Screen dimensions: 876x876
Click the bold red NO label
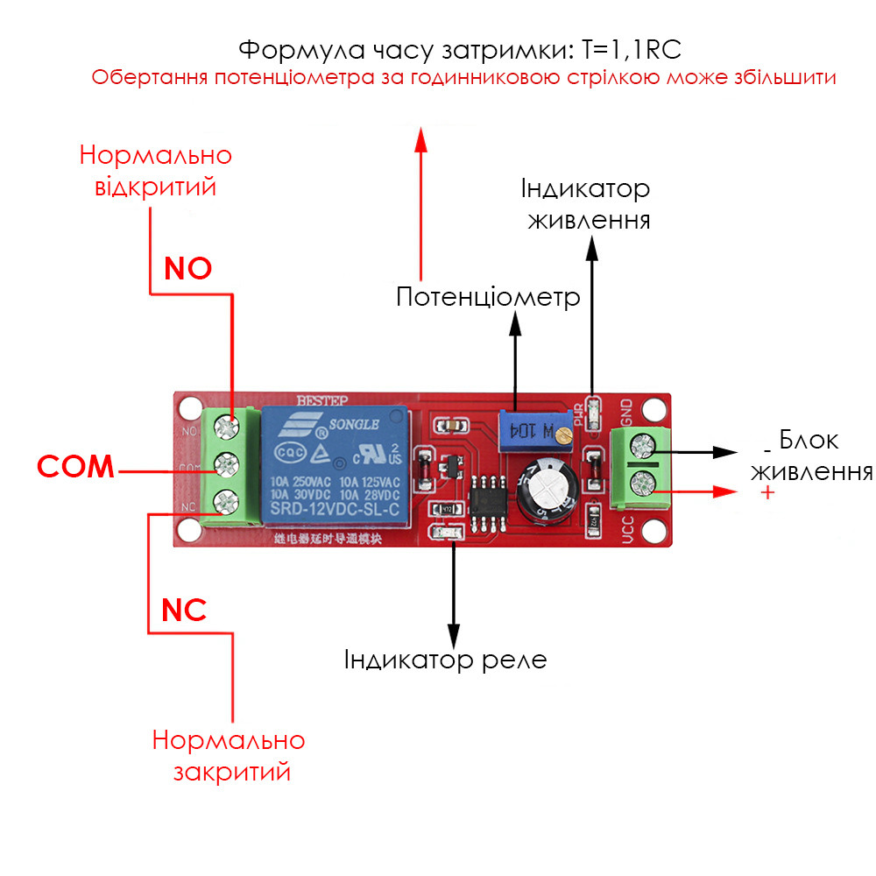(x=188, y=268)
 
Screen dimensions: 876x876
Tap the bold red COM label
(x=76, y=467)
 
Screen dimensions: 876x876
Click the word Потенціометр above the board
(x=488, y=297)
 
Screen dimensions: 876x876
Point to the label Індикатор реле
(x=446, y=659)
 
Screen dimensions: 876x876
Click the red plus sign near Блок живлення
(x=768, y=493)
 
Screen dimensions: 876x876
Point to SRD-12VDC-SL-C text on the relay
(x=336, y=509)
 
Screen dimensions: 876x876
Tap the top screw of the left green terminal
(x=228, y=428)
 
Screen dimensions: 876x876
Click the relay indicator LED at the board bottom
(x=443, y=533)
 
